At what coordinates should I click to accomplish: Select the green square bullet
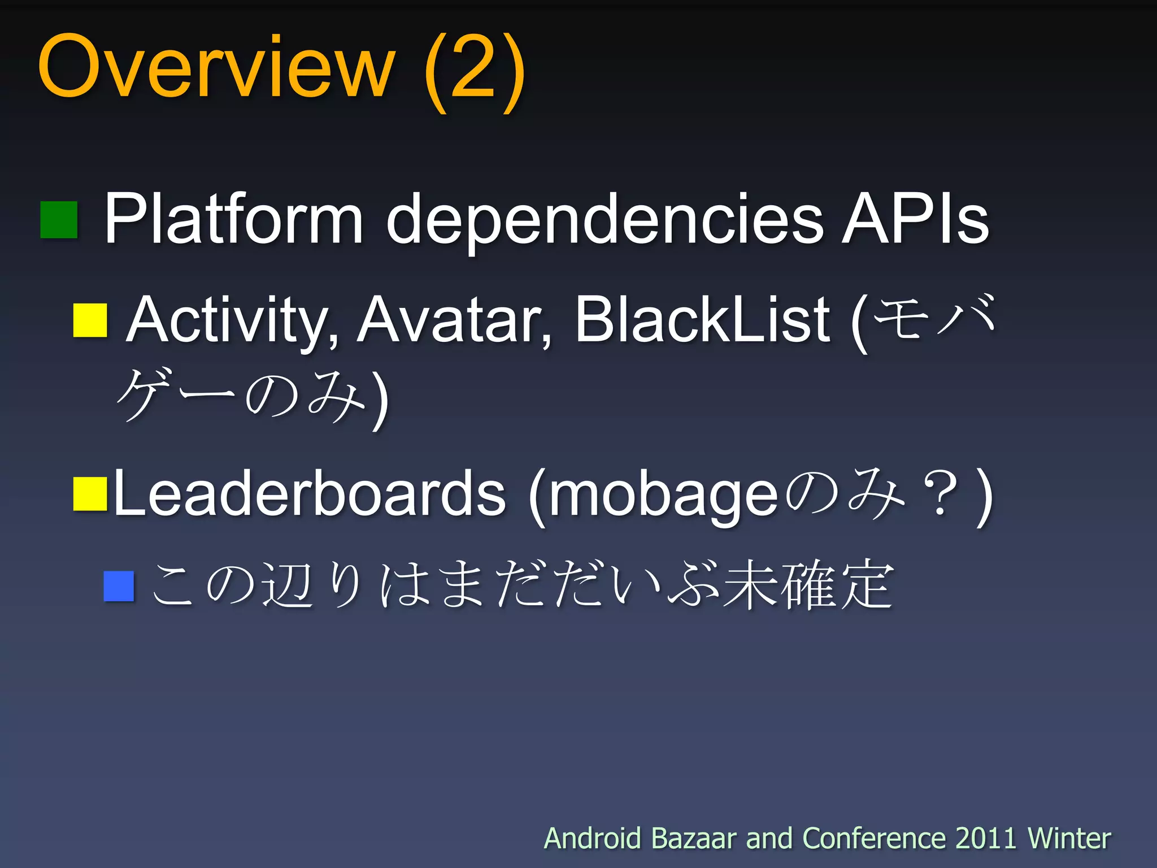pos(59,220)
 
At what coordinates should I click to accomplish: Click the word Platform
pos(233,219)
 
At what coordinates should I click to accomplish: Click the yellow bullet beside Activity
pos(90,320)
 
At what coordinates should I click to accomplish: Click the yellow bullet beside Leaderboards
pos(90,494)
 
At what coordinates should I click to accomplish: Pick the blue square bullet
pos(119,586)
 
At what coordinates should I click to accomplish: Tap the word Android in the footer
pos(592,838)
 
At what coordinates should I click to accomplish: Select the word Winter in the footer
pos(1069,838)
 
